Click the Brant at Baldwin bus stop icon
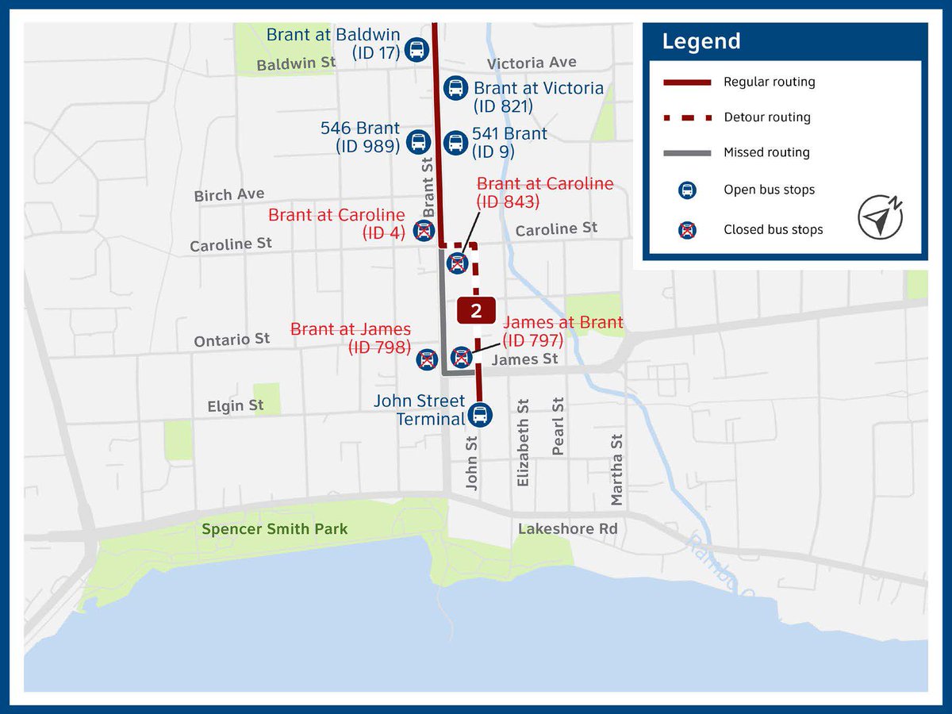tap(416, 49)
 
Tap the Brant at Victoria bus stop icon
tap(455, 87)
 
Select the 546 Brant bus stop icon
tap(419, 143)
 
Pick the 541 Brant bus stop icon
tap(455, 143)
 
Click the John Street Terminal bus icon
tap(479, 414)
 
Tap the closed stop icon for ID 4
tap(424, 231)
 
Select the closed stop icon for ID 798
tap(428, 359)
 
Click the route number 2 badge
tap(476, 310)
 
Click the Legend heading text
tap(701, 41)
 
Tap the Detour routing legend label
tap(766, 117)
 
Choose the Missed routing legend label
tap(766, 152)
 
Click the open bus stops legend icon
tap(688, 190)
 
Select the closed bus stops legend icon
tap(688, 230)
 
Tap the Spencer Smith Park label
tap(274, 529)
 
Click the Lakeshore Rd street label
tap(567, 529)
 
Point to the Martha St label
tap(617, 470)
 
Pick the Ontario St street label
tap(232, 340)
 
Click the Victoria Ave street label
tap(532, 63)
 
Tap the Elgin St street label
tap(235, 406)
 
